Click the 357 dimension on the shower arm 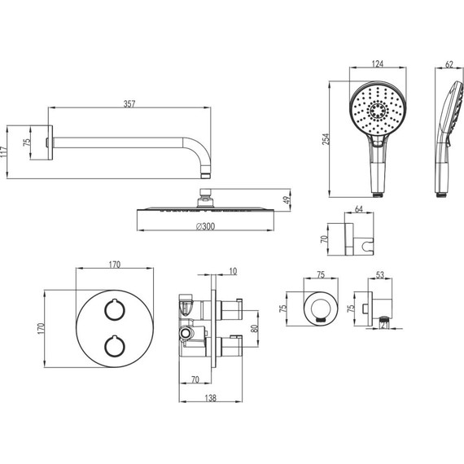[129, 104]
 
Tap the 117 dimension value [4, 151]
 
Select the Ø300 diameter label [205, 226]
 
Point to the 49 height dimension [287, 199]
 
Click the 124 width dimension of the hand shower [378, 63]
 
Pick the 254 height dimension [326, 139]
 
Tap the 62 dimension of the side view [449, 64]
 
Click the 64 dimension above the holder [359, 209]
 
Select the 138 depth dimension [210, 398]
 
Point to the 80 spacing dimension [255, 329]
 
